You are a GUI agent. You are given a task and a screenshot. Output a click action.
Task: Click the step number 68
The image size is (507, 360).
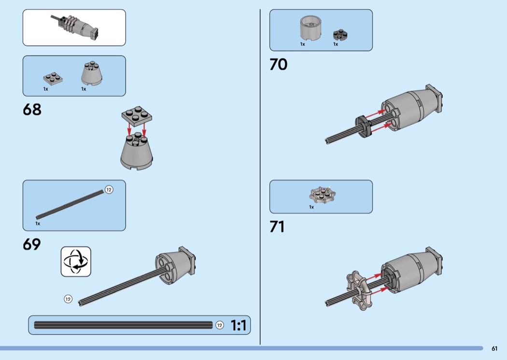click(32, 110)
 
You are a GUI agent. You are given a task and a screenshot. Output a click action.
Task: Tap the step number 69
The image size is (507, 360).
click(32, 244)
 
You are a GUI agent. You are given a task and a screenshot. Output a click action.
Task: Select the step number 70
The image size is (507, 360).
click(279, 64)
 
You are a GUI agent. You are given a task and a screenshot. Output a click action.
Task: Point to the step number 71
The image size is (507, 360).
click(277, 226)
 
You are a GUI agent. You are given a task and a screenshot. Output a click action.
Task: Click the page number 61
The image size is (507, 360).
click(494, 348)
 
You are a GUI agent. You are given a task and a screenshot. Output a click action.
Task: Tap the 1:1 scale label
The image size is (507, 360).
click(239, 325)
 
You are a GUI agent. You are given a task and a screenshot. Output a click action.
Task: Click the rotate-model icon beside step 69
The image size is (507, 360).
click(76, 262)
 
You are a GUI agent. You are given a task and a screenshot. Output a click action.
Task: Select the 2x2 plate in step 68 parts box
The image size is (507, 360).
click(53, 79)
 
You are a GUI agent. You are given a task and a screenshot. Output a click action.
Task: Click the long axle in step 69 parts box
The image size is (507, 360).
click(70, 205)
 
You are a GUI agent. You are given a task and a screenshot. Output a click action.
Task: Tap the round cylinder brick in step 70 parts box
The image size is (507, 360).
click(311, 28)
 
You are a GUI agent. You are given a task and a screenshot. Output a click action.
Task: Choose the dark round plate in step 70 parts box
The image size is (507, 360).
click(340, 35)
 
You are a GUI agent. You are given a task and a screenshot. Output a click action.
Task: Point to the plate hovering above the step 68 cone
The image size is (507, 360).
click(137, 115)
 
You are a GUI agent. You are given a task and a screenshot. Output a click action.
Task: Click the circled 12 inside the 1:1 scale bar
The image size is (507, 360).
click(220, 325)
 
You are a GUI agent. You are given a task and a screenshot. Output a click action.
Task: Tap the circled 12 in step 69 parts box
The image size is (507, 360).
click(109, 190)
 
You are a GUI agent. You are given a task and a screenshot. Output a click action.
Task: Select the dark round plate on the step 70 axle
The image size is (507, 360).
click(364, 126)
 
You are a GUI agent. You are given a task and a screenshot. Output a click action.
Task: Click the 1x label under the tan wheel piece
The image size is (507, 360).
click(311, 207)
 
